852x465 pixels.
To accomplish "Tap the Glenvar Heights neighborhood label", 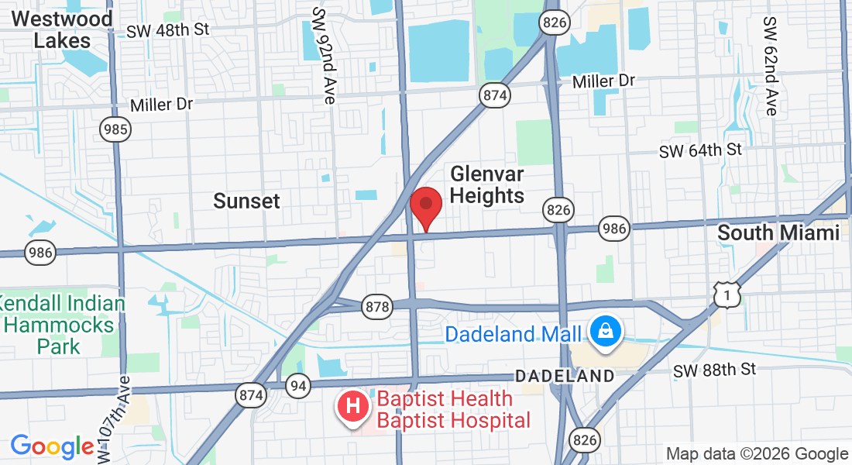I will pos(486,184).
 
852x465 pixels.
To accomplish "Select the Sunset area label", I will pos(246,201).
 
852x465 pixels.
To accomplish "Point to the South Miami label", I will pos(778,232).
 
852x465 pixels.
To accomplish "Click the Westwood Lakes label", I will pos(62,29).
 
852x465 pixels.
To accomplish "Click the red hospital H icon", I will pos(352,405).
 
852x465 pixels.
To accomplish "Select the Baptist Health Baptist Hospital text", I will pos(454,410).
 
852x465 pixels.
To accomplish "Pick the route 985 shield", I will pos(117,129).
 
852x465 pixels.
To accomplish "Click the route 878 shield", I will pos(377,307).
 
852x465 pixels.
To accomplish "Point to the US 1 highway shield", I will pos(727,294).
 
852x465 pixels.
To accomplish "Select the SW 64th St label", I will pos(700,150).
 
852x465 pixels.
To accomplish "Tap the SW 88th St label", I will pos(714,370).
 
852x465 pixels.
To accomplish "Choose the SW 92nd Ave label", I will pos(324,56).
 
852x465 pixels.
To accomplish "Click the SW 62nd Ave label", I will pos(769,66).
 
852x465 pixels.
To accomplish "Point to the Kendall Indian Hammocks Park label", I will pos(62,324).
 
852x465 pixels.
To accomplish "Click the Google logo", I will pos(52,446).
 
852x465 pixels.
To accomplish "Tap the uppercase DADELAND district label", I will pos(565,376).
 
